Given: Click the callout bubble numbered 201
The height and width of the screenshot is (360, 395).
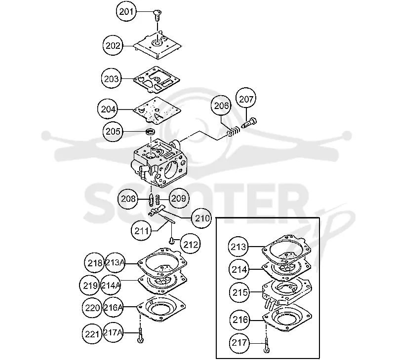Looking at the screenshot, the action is tap(126, 11).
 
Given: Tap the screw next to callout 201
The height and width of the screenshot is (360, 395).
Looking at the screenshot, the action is tap(158, 15).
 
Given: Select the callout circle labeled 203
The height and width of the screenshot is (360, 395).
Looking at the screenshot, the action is tap(112, 79).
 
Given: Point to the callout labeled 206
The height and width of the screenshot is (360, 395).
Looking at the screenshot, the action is tap(221, 106).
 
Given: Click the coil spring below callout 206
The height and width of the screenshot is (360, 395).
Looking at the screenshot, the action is tap(234, 131).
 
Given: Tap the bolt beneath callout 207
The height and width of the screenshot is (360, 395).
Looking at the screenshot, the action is tap(249, 122).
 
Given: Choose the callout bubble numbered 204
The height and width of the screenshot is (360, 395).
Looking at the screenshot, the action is tap(108, 109).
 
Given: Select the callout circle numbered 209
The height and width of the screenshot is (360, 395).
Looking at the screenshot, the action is tap(178, 198).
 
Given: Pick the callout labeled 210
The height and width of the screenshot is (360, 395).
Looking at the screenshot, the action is tap(201, 218).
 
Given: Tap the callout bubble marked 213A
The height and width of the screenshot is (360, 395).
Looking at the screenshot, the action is tap(115, 262).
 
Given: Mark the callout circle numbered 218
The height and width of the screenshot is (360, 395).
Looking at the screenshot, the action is tap(94, 263).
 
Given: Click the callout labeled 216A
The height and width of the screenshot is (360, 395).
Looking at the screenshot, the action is tap(113, 307).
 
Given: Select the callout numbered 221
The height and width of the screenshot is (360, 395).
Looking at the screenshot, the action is tap(92, 334).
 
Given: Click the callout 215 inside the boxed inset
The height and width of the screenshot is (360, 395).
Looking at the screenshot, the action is tap(239, 292).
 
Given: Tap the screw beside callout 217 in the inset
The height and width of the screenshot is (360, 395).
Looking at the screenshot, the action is tap(266, 345).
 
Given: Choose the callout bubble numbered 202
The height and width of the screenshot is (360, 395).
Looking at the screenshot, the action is tap(113, 45).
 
